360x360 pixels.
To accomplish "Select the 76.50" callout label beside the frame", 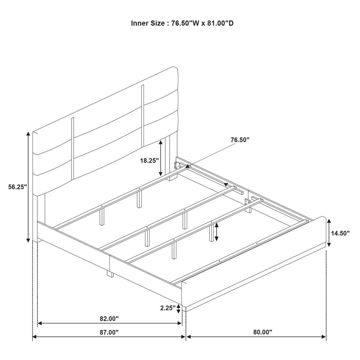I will tap(240, 140).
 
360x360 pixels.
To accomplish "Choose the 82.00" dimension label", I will tap(109, 319).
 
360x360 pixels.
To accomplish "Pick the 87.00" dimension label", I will tap(109, 333).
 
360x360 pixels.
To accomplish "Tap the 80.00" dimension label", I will tap(263, 333).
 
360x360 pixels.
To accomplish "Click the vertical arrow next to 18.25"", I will tap(161, 157).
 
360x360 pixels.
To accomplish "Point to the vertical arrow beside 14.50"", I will tap(329, 232).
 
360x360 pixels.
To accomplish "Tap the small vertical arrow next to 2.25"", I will tap(179, 308).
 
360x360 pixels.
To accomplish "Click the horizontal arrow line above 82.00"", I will tap(109, 323).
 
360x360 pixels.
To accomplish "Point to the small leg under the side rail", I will tap(109, 274).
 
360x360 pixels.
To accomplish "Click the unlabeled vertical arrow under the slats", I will tap(216, 232).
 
